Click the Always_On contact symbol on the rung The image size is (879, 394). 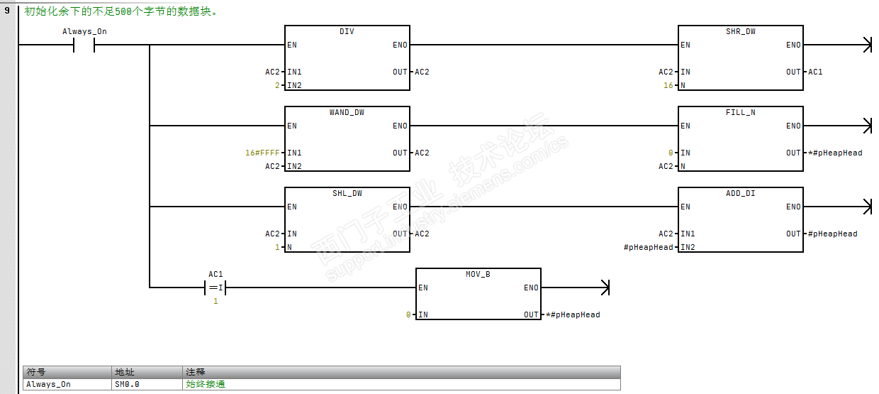[84, 45]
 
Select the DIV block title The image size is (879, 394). [347, 32]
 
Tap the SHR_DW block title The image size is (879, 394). [740, 32]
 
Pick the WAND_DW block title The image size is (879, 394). [347, 113]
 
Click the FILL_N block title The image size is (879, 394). [740, 113]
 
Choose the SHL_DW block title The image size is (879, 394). [347, 194]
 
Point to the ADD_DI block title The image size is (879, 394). [740, 194]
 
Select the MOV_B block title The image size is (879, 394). [478, 275]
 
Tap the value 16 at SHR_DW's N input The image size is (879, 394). [668, 85]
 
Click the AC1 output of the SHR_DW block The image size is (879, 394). [815, 72]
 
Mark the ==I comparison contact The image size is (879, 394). [215, 288]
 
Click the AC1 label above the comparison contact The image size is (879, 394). [215, 274]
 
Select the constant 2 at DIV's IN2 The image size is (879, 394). [279, 85]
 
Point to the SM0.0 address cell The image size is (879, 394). [127, 384]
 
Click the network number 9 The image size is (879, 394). [7, 11]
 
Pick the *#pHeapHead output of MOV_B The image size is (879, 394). [573, 314]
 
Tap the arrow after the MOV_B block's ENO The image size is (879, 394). [605, 288]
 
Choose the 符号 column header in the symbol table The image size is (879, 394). [36, 372]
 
